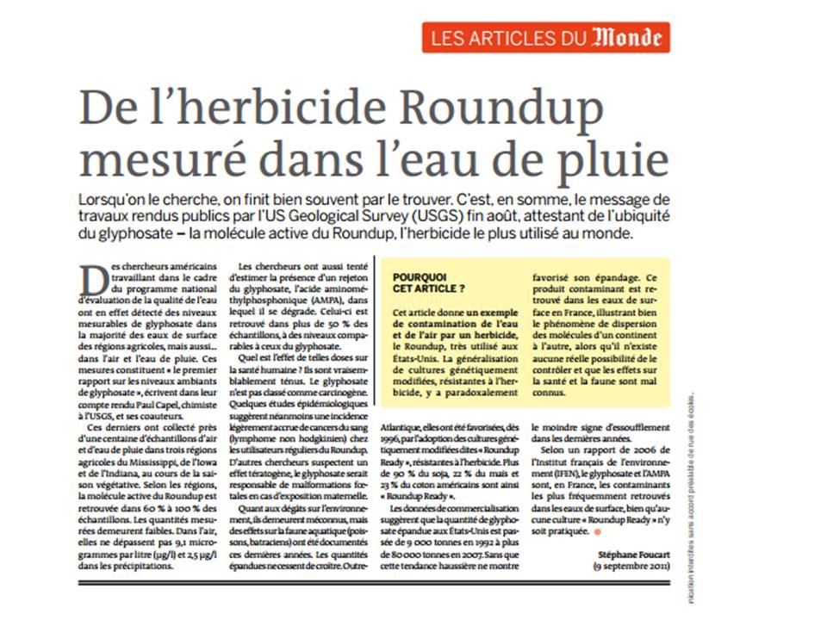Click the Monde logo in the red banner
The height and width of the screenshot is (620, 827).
(627, 38)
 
